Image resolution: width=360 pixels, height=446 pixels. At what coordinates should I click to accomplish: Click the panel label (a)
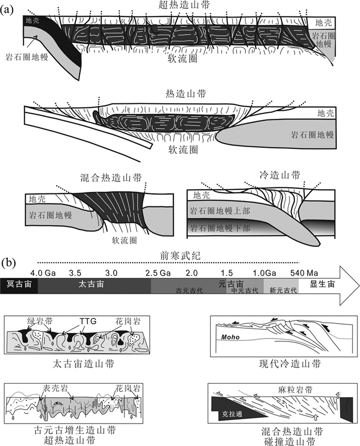coord(9,9)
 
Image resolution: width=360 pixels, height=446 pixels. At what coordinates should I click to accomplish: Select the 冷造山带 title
coord(273,175)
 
